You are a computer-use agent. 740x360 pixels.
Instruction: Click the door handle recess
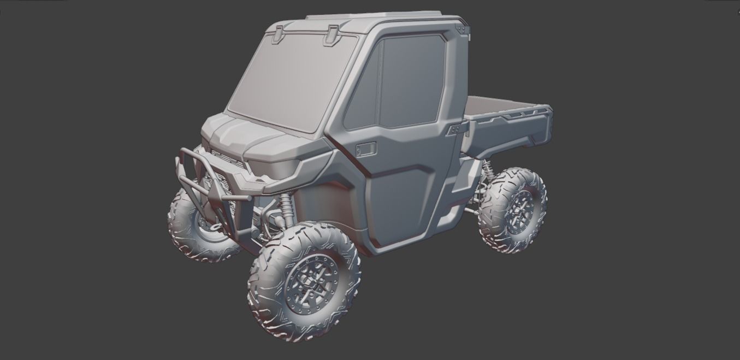[366, 149]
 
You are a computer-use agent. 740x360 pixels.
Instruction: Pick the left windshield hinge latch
[277, 33]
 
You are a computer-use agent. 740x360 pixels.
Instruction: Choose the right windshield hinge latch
[331, 35]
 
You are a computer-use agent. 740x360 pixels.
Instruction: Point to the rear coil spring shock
[487, 170]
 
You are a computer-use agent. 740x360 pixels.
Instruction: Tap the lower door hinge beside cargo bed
[458, 130]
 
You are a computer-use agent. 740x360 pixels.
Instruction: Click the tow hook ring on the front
[217, 225]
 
